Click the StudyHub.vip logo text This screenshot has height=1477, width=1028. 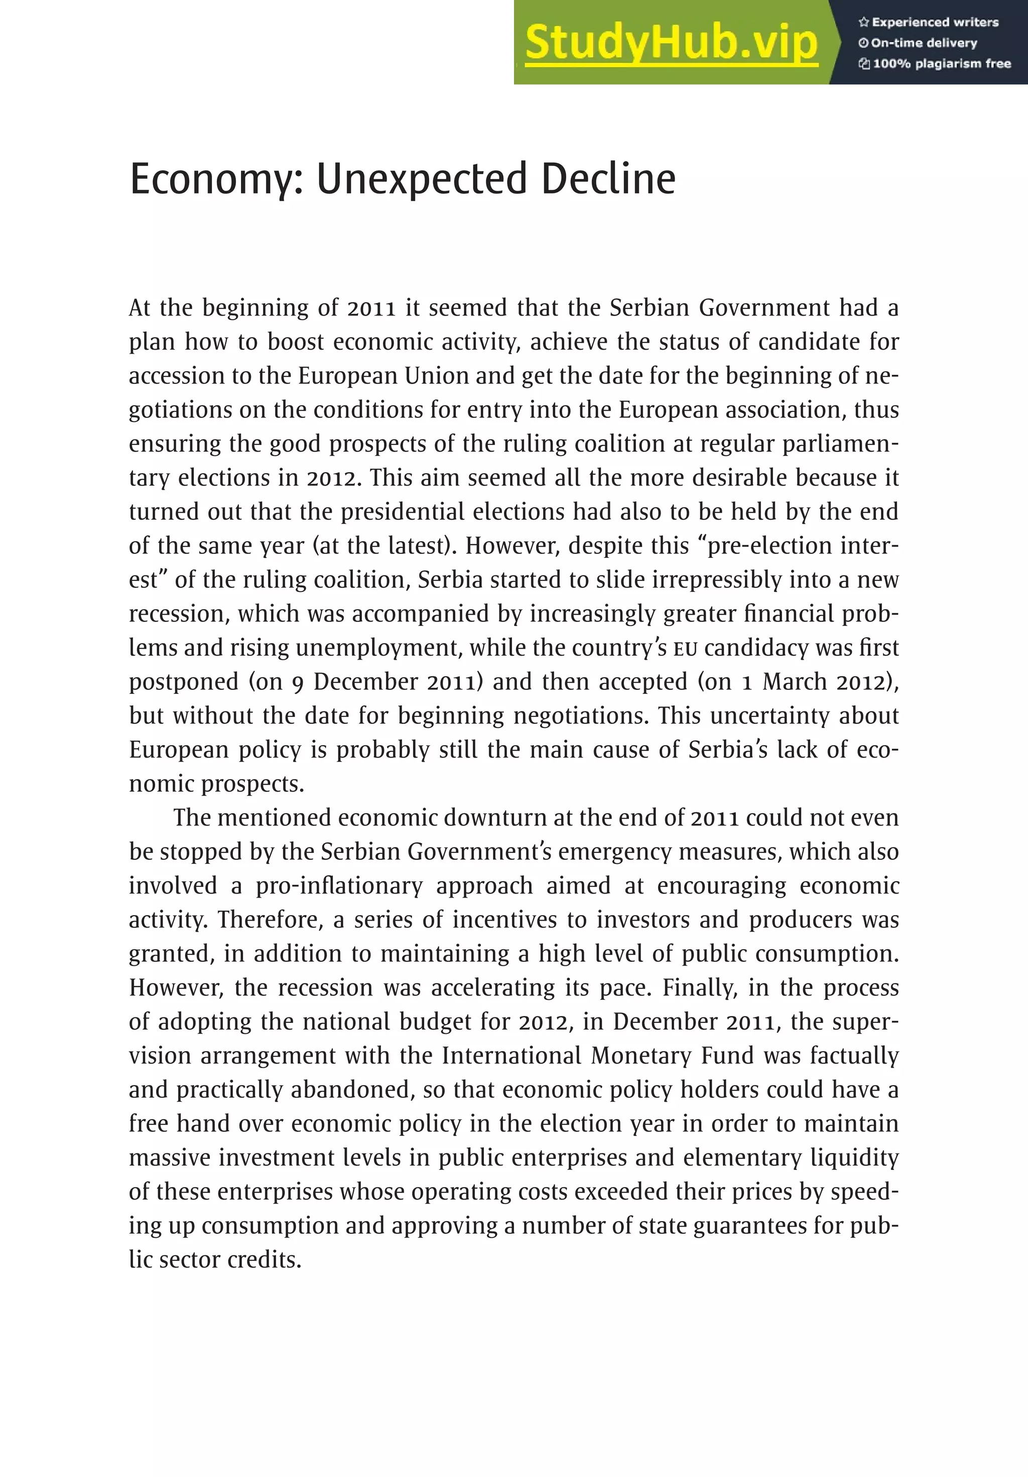pyautogui.click(x=672, y=43)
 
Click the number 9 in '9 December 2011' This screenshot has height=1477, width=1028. pyautogui.click(x=297, y=682)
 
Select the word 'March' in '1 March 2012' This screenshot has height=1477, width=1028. pyautogui.click(x=794, y=682)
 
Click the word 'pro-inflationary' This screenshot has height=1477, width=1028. pyautogui.click(x=339, y=887)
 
